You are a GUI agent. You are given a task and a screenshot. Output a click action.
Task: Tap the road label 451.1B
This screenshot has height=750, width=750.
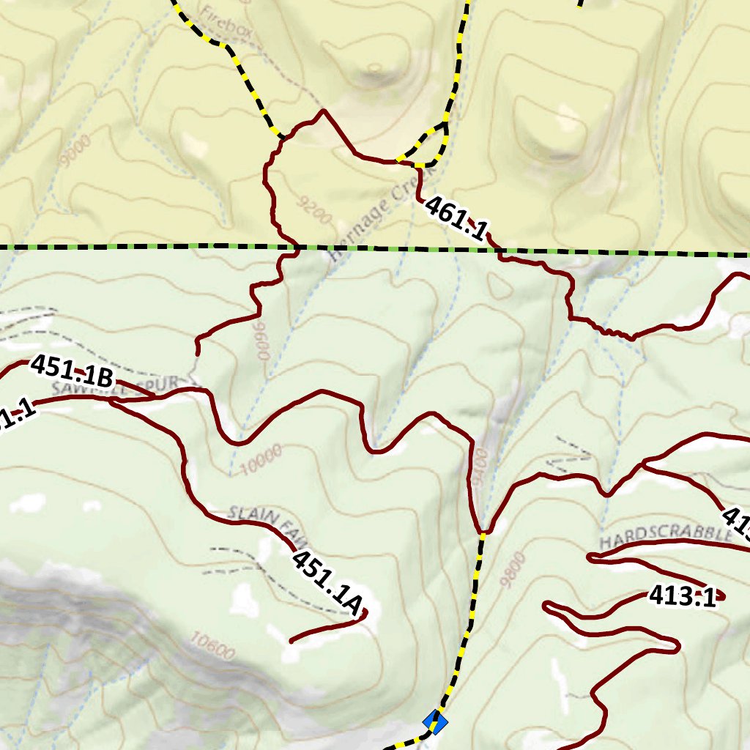(x=73, y=371)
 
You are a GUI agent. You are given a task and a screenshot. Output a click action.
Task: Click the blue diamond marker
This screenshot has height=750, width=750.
(x=435, y=723)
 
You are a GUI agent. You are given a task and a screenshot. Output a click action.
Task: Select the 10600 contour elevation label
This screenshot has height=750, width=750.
(x=212, y=645)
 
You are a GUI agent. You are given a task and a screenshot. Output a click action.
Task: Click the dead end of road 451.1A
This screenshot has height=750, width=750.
(x=292, y=642)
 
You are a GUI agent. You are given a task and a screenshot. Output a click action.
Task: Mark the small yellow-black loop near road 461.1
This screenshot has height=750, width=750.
(x=428, y=146)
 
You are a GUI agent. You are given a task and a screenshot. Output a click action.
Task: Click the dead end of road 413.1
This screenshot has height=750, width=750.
(x=721, y=595)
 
